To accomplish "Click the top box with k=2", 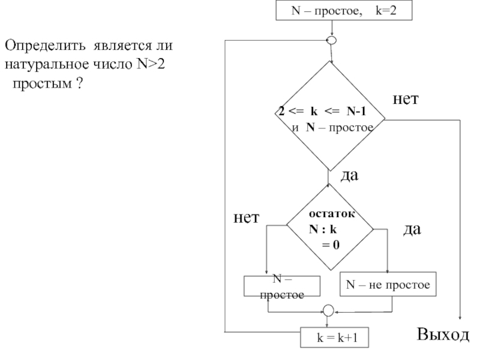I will [x=344, y=10].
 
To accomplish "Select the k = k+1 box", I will [x=334, y=338].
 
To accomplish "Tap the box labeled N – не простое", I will [x=388, y=285].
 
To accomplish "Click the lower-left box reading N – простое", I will [x=282, y=286].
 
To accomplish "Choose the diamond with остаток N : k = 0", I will [x=329, y=229].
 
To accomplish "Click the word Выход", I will [x=444, y=334].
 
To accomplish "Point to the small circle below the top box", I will [x=331, y=40].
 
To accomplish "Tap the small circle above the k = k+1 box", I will [x=328, y=311].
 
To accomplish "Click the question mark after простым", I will [x=79, y=82].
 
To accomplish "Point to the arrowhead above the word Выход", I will [x=461, y=320].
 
